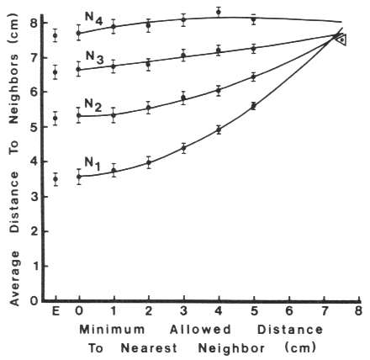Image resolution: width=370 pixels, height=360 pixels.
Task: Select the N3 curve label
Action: pyautogui.click(x=94, y=56)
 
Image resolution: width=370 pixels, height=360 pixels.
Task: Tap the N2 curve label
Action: pyautogui.click(x=93, y=105)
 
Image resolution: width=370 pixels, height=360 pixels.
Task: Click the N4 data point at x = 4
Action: pyautogui.click(x=219, y=12)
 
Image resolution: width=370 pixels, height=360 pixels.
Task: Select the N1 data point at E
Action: pyautogui.click(x=55, y=178)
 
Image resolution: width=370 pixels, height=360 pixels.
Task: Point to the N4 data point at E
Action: pyautogui.click(x=55, y=35)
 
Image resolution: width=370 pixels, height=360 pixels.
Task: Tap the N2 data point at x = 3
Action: pyautogui.click(x=183, y=98)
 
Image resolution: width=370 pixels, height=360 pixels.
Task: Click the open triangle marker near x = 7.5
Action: pyautogui.click(x=341, y=39)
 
